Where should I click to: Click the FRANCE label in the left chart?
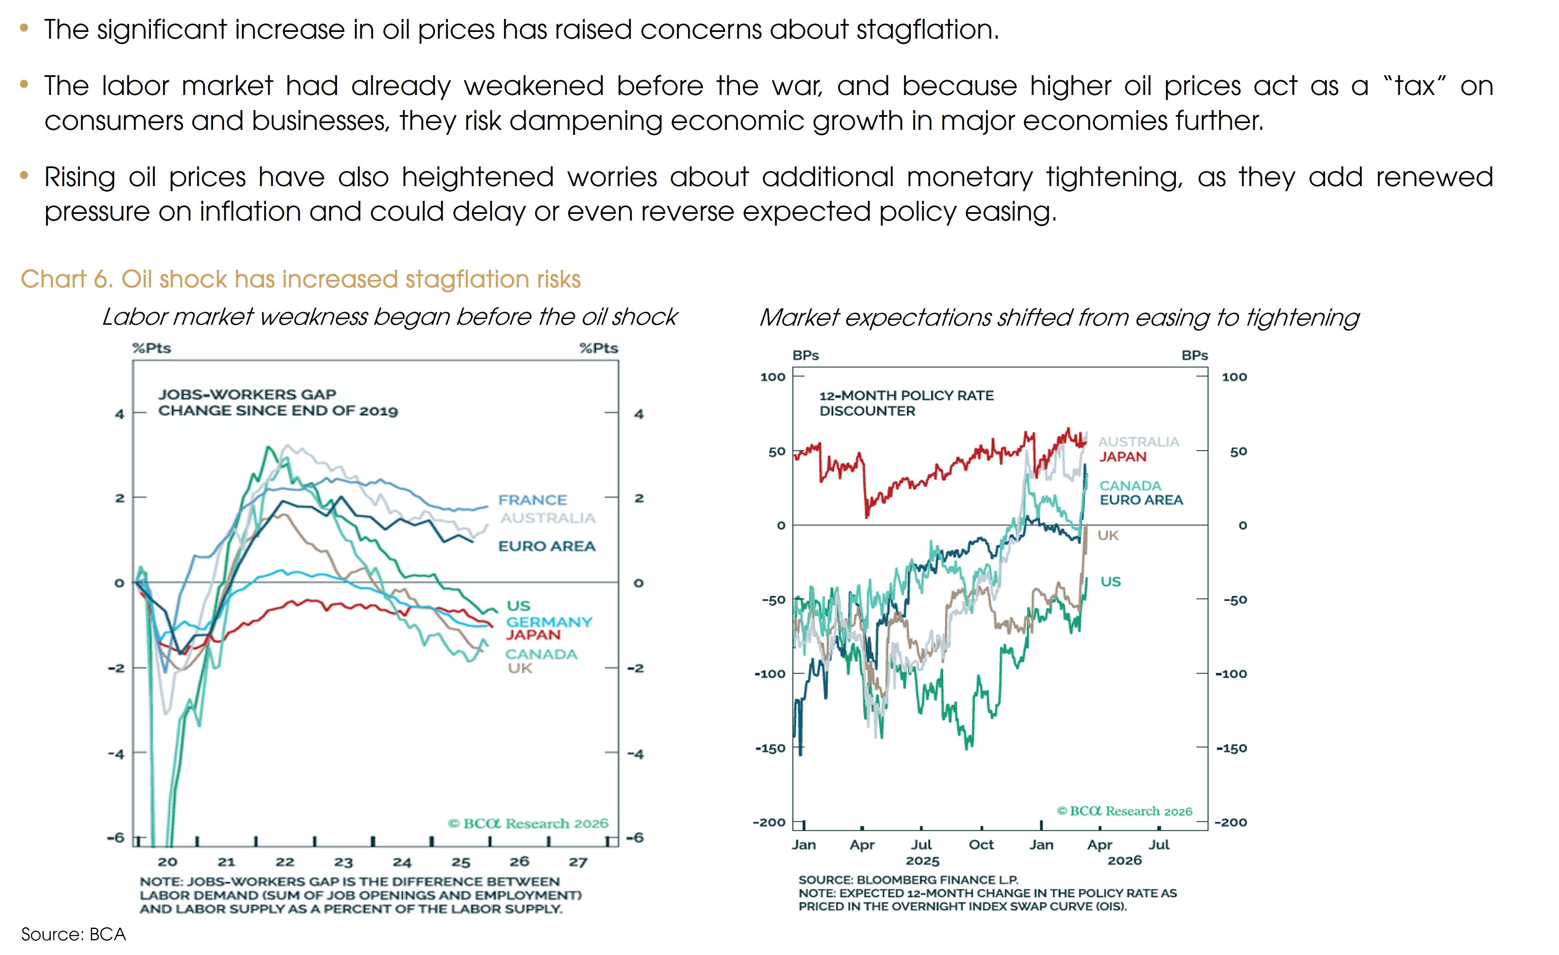click(x=532, y=500)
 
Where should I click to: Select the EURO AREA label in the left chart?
click(x=547, y=546)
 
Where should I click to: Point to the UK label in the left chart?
click(x=520, y=668)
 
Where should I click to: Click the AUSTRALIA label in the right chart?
click(x=1138, y=442)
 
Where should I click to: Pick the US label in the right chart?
click(x=1110, y=581)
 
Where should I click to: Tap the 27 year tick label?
click(x=578, y=862)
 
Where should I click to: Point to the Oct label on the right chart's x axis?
click(x=981, y=845)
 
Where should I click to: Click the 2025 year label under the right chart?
click(x=923, y=861)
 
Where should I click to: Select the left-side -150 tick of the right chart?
click(x=770, y=748)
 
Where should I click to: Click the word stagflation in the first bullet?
click(x=927, y=30)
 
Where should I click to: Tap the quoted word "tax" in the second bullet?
click(x=1415, y=86)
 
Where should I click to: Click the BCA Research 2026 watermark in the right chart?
click(x=1124, y=811)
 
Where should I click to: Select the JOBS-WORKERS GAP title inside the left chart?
click(x=247, y=394)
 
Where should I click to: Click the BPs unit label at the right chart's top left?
click(x=805, y=356)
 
